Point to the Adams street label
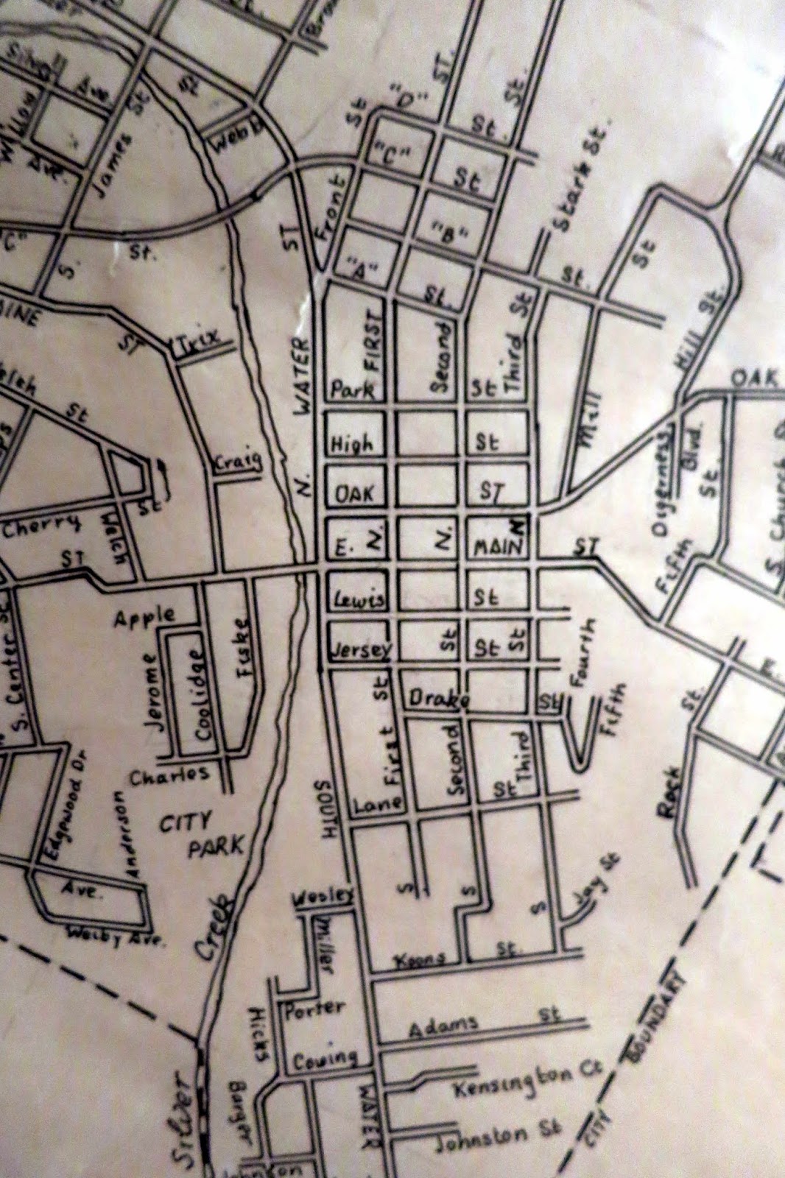click(443, 1024)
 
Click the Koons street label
click(420, 959)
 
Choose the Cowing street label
click(325, 1059)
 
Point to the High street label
click(352, 443)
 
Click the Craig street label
click(238, 462)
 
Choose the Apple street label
click(144, 616)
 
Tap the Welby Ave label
click(116, 936)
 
